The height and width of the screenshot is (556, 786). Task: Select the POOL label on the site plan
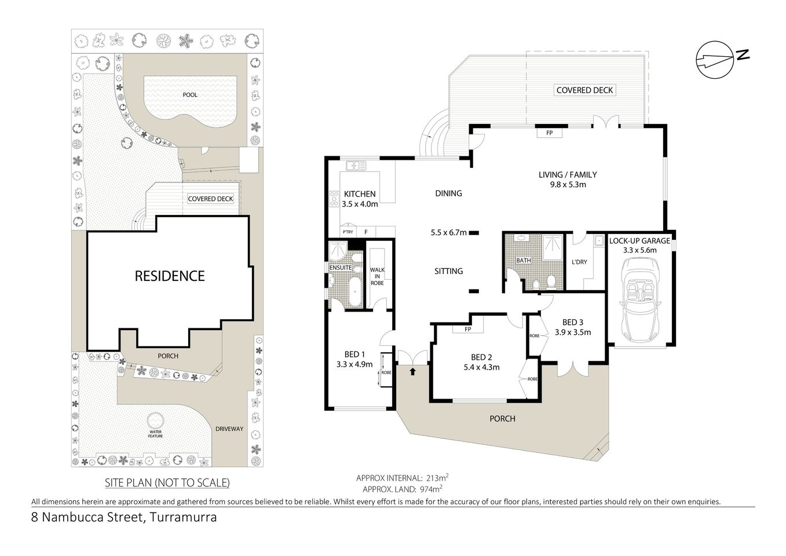pyautogui.click(x=190, y=94)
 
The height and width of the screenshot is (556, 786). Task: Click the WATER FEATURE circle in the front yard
pyautogui.click(x=155, y=420)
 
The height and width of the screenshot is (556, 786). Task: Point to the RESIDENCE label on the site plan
pyautogui.click(x=169, y=276)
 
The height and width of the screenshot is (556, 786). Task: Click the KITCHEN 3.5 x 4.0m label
pyautogui.click(x=360, y=199)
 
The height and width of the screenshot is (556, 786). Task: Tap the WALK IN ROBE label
pyautogui.click(x=377, y=276)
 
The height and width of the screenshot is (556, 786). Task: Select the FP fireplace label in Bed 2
pyautogui.click(x=469, y=330)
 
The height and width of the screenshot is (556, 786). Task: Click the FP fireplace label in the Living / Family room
pyautogui.click(x=549, y=132)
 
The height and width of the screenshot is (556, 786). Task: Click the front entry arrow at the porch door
pyautogui.click(x=412, y=371)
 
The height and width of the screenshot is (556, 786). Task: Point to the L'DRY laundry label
pyautogui.click(x=579, y=262)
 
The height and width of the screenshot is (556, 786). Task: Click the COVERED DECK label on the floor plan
pyautogui.click(x=584, y=90)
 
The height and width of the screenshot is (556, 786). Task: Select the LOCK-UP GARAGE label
pyautogui.click(x=640, y=246)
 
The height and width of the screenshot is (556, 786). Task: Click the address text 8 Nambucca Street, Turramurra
pyautogui.click(x=124, y=517)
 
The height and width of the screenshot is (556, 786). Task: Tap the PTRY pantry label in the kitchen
pyautogui.click(x=348, y=232)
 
